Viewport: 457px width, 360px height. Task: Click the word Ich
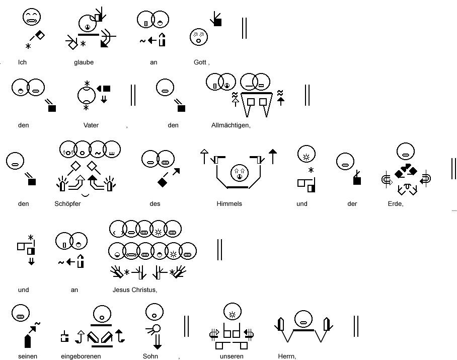tap(22, 62)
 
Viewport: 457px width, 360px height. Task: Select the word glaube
tap(84, 62)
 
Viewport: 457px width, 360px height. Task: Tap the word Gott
tap(200, 62)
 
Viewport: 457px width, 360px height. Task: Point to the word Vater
tap(91, 125)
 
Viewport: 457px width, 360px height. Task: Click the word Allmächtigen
tap(230, 125)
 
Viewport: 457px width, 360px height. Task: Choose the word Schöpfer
tap(67, 204)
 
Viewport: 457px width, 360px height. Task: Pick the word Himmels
tap(229, 204)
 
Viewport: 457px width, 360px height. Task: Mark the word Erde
tap(395, 204)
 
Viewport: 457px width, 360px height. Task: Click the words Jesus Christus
tap(134, 290)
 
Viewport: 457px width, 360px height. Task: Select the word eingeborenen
tap(81, 356)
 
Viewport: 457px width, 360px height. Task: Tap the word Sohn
tap(150, 356)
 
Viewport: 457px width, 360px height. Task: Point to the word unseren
tap(232, 356)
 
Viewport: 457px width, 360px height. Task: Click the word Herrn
tap(286, 356)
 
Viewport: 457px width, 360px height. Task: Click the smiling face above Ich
tap(32, 17)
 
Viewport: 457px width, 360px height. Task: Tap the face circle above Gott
tap(199, 37)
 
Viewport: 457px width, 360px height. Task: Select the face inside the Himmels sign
tap(240, 173)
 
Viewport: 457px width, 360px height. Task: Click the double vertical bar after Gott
tap(244, 28)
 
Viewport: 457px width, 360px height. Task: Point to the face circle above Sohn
tap(155, 312)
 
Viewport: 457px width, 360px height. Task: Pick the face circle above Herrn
tap(303, 319)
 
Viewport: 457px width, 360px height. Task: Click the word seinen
tap(27, 356)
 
